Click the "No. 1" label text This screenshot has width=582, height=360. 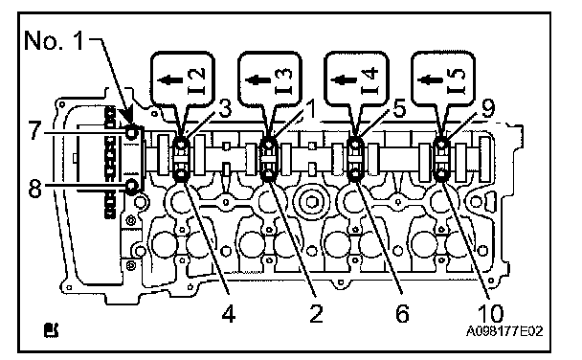(x=55, y=40)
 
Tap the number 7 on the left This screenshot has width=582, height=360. (x=34, y=130)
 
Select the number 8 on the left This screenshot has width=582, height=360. (x=34, y=189)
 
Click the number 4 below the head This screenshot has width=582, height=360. (x=229, y=314)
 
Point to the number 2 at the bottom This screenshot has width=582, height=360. (x=316, y=314)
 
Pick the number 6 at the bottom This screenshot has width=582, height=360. (x=402, y=314)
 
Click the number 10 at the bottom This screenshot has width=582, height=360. (x=491, y=314)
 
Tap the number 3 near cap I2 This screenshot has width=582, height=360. (x=225, y=109)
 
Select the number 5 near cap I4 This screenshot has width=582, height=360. (x=399, y=109)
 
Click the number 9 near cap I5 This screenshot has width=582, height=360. (x=488, y=109)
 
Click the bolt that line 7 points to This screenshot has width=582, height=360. (x=132, y=132)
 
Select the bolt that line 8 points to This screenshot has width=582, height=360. (x=132, y=187)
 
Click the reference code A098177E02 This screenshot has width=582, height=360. (x=504, y=330)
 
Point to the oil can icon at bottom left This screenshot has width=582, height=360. (x=51, y=329)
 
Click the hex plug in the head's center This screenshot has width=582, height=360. (x=311, y=202)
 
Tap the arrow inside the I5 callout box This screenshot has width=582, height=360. (x=431, y=79)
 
